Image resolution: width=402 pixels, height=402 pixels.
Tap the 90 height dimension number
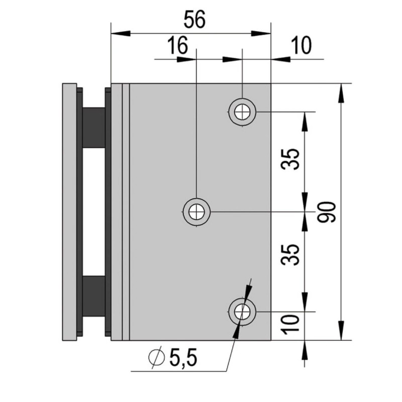[x=327, y=212]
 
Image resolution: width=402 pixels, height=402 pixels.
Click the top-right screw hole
[x=243, y=111]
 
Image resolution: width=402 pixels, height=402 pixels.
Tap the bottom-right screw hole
[x=243, y=312]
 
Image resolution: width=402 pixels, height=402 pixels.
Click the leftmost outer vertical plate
[x=69, y=211]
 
